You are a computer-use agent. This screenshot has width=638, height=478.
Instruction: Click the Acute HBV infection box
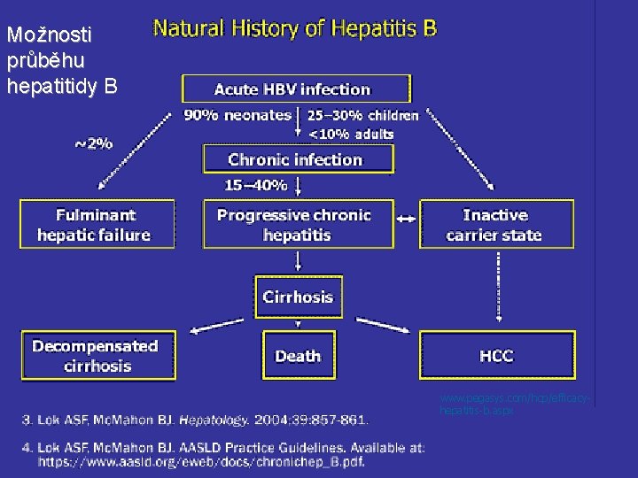pos(297,89)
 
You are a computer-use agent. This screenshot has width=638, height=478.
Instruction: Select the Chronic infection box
pos(296,159)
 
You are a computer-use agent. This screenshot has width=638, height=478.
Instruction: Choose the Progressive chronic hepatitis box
pos(296,225)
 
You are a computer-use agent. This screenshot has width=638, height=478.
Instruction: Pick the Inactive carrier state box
pos(495,225)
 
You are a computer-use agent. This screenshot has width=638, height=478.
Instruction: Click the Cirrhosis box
pos(298,297)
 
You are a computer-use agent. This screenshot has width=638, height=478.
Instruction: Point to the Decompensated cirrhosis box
pos(95,356)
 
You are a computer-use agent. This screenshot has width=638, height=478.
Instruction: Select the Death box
pos(298,356)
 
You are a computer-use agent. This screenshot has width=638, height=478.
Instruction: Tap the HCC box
pos(495,356)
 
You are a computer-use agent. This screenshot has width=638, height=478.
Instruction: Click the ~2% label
pos(92,143)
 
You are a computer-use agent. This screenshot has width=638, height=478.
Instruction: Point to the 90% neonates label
pos(237,115)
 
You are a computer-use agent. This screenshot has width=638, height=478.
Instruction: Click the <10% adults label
pos(351,134)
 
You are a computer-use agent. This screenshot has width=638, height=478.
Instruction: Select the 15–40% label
pos(256,185)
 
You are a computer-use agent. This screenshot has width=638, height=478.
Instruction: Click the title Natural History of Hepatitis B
pos(295,28)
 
